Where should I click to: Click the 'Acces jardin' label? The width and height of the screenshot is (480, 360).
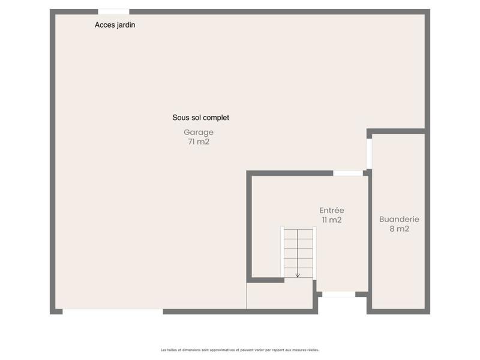click(x=115, y=25)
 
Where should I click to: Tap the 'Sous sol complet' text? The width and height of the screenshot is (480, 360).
click(x=200, y=118)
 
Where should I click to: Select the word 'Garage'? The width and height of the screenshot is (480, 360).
click(x=198, y=132)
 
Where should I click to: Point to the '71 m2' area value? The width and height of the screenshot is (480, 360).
click(x=198, y=142)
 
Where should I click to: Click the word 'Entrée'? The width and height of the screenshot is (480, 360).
click(x=331, y=210)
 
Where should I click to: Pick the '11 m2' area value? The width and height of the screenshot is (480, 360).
click(x=331, y=220)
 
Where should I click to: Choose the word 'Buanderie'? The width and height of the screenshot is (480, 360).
click(x=399, y=219)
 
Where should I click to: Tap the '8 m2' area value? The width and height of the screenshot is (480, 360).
click(x=399, y=229)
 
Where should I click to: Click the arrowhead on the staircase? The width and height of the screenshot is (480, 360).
click(x=298, y=275)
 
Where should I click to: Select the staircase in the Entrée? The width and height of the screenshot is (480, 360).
click(x=298, y=252)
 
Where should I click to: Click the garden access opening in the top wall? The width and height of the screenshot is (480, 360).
click(x=113, y=11)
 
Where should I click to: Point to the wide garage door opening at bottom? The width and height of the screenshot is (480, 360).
click(x=113, y=311)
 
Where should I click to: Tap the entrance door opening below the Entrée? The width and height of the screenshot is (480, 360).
click(x=338, y=295)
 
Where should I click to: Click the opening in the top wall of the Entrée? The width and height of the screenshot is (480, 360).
click(x=348, y=173)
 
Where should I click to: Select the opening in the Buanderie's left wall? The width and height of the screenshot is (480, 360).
click(x=369, y=154)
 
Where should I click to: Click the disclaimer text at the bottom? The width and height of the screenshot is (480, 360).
click(x=240, y=350)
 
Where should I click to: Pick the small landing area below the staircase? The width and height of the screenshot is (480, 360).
click(x=280, y=296)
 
